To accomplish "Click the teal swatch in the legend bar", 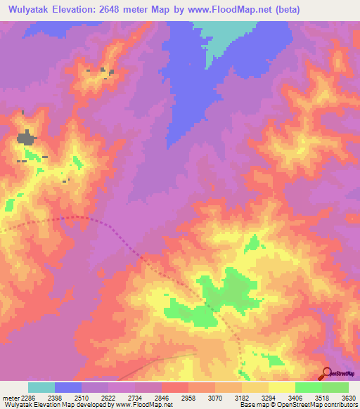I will pyautogui.click(x=41, y=387).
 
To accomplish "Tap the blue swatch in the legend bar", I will pyautogui.click(x=68, y=387).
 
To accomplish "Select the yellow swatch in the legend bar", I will pyautogui.click(x=282, y=387).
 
